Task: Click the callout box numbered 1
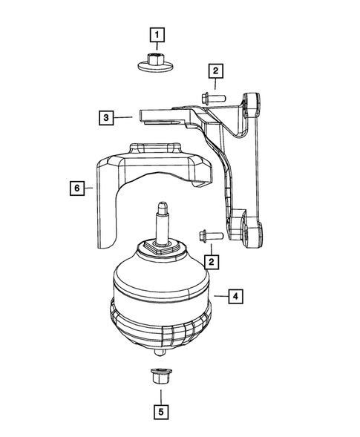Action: coord(158,33)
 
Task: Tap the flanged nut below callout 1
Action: coord(157,61)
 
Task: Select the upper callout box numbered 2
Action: coord(215,71)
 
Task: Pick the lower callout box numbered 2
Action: coord(213,262)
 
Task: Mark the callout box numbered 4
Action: coord(234,297)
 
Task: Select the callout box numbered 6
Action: coord(76,188)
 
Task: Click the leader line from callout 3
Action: coord(125,117)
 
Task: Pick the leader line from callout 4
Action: coord(219,297)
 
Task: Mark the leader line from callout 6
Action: coord(89,188)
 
